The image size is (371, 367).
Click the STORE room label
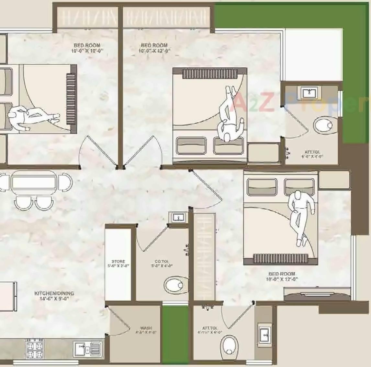[118, 263]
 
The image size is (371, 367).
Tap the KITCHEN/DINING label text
[54, 296]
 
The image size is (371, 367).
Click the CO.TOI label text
[162, 263]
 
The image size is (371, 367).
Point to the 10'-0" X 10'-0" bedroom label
[87, 48]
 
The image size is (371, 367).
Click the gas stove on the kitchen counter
[34, 349]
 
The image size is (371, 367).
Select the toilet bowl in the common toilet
[176, 285]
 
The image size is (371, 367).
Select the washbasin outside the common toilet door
[178, 218]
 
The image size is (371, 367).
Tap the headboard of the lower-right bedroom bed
[280, 258]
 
